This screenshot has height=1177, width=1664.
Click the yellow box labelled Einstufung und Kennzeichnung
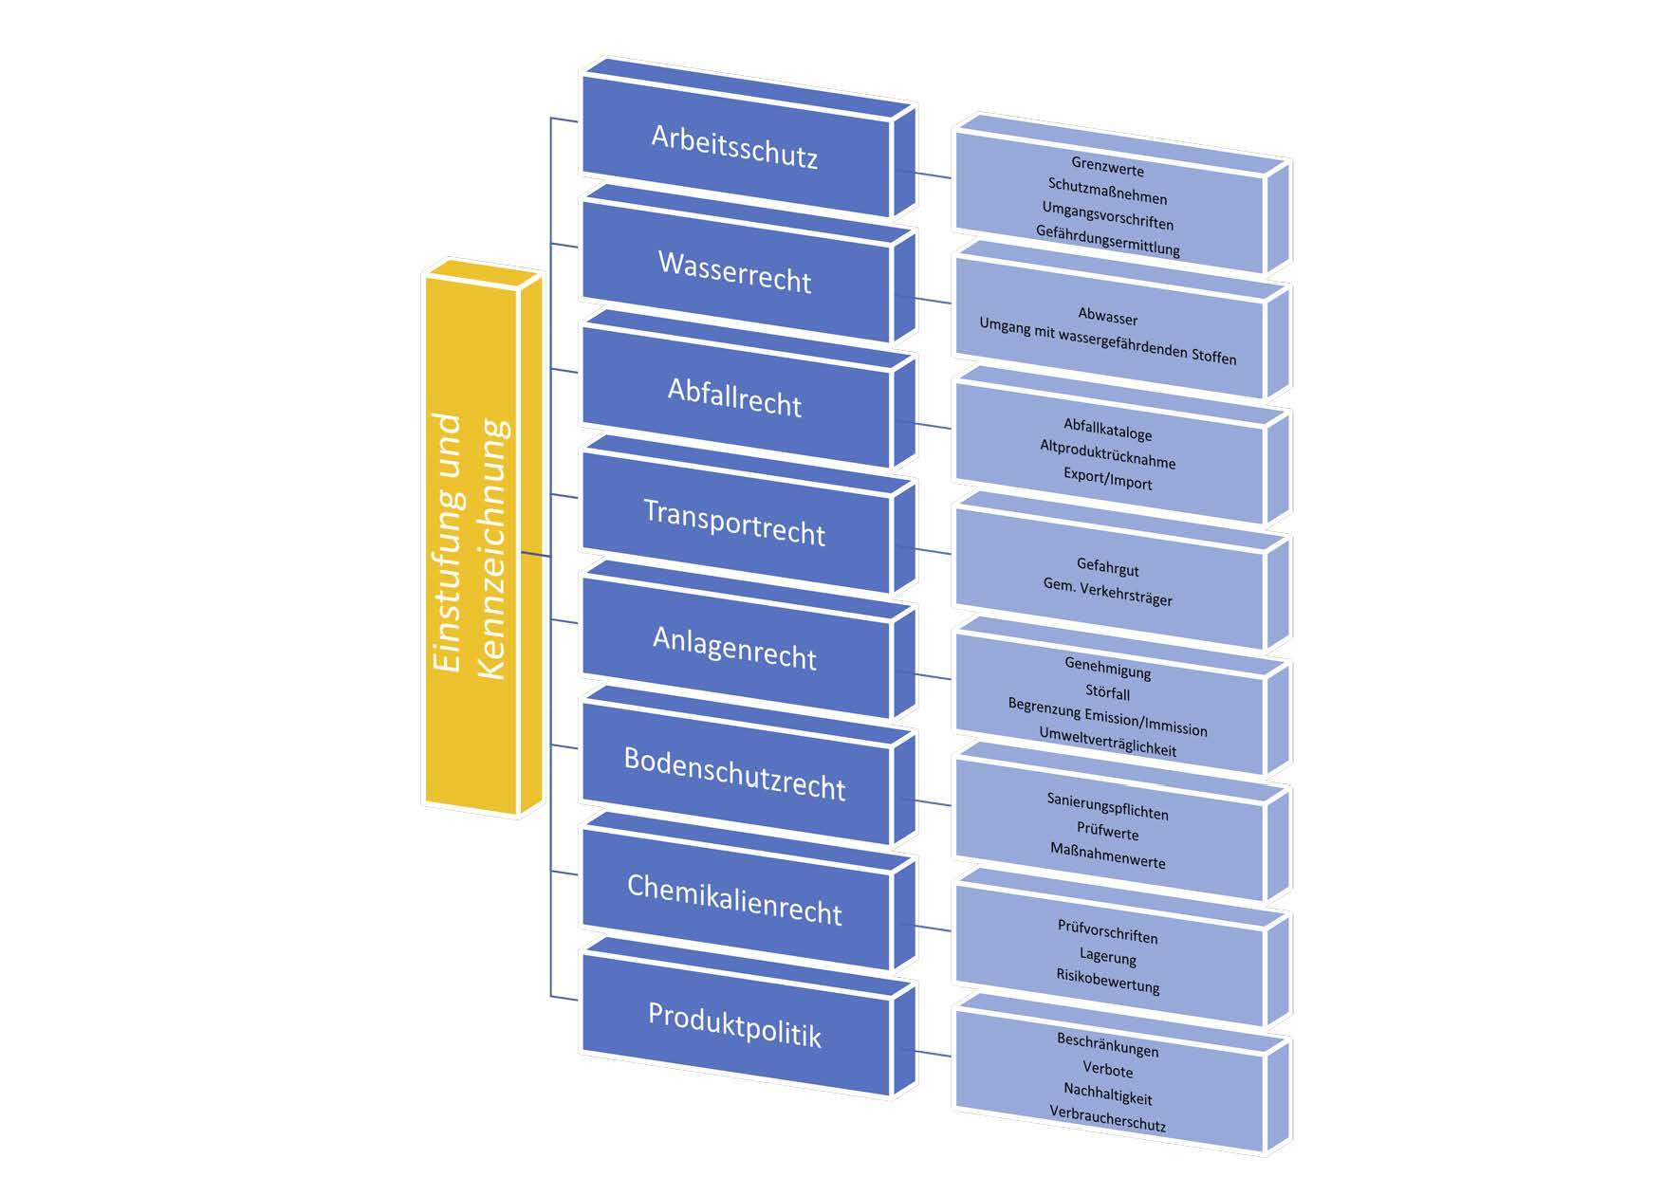(471, 545)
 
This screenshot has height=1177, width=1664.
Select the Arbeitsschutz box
(735, 146)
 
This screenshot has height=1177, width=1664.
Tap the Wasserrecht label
(735, 272)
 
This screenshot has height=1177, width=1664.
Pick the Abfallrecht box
(735, 397)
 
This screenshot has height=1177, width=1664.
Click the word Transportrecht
(735, 524)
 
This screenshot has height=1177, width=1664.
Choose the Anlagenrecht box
(735, 649)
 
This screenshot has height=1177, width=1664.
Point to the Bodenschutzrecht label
(735, 774)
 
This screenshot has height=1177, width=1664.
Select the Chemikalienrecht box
(735, 900)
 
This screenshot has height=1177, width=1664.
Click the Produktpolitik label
(735, 1026)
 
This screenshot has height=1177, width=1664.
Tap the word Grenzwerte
(1108, 169)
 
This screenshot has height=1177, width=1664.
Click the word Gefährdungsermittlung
(1108, 240)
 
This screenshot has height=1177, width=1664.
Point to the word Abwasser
(1108, 317)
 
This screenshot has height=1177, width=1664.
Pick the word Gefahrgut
(1108, 568)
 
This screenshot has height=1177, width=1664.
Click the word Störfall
(1108, 692)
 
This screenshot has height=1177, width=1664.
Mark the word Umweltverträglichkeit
(1108, 742)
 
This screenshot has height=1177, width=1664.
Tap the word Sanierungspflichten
(1108, 806)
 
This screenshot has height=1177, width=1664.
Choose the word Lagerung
(1108, 957)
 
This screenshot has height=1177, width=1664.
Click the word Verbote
(1108, 1070)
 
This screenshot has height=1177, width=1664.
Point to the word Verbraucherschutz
(1108, 1119)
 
